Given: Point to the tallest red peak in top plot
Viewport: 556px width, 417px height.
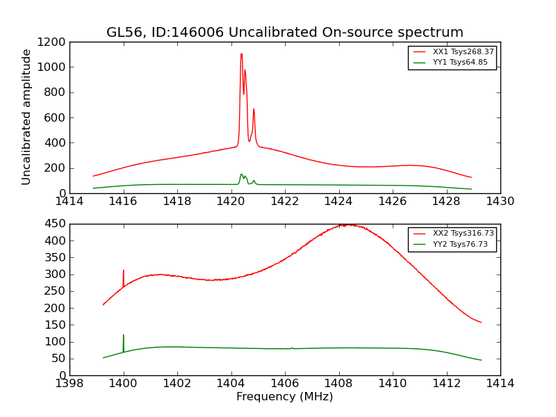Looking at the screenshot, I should click(241, 55).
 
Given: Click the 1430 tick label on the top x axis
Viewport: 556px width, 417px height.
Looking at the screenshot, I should click(500, 201).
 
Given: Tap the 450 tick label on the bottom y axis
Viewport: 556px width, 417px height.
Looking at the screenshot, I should click(56, 224).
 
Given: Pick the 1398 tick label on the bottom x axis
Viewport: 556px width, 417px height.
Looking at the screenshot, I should click(69, 383).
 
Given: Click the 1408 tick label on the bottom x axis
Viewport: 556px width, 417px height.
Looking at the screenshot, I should click(338, 383).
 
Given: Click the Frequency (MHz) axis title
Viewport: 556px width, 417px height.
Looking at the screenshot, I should click(284, 397).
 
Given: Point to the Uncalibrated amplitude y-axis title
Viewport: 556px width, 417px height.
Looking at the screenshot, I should click(26, 117).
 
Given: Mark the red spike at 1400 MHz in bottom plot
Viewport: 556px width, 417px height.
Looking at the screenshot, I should click(124, 272).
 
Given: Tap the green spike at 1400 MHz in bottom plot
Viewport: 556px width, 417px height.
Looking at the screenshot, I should click(124, 336).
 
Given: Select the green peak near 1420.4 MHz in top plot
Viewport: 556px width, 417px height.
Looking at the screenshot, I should click(241, 174).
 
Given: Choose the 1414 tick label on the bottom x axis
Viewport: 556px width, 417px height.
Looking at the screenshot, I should click(500, 383).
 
